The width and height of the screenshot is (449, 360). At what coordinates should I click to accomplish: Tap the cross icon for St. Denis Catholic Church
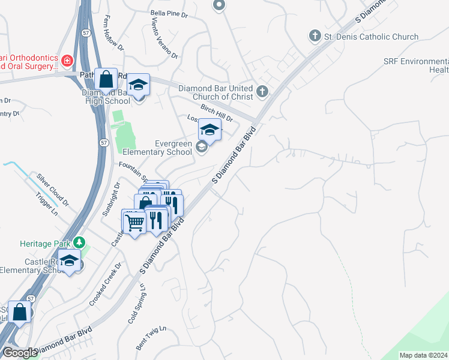pyautogui.click(x=315, y=36)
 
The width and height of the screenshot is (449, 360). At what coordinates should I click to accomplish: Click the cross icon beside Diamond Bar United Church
pyautogui.click(x=262, y=92)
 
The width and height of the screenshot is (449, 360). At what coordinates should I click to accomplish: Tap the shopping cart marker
pyautogui.click(x=134, y=222)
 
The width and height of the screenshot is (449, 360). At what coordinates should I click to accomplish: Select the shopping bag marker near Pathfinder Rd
pyautogui.click(x=106, y=80)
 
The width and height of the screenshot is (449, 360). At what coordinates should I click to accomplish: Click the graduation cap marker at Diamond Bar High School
pyautogui.click(x=138, y=85)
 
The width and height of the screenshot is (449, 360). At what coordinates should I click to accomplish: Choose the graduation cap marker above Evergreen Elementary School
pyautogui.click(x=209, y=130)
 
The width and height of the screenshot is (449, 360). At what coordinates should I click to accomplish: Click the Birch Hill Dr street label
pyautogui.click(x=217, y=110)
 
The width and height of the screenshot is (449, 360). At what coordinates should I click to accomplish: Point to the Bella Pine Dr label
pyautogui.click(x=169, y=13)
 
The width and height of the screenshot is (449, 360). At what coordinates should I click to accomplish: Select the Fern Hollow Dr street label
pyautogui.click(x=113, y=32)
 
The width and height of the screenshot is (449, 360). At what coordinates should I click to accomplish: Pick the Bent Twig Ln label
pyautogui.click(x=150, y=338)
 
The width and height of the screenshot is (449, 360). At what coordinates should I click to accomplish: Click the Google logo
pyautogui.click(x=20, y=353)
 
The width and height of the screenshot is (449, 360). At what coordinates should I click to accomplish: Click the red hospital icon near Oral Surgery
pyautogui.click(x=67, y=60)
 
